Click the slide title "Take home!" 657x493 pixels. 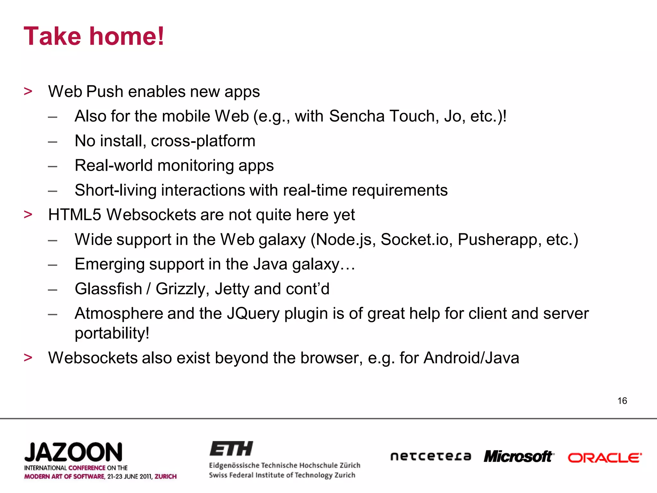point(94,36)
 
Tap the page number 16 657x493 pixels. point(622,401)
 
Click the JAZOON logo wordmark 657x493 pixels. point(73,452)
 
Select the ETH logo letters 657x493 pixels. point(231,449)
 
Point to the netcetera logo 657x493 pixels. point(431,456)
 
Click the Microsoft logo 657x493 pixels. point(519,456)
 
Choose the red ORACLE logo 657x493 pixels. point(605,458)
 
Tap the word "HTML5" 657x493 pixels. point(74,214)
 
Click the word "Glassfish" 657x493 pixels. point(108,289)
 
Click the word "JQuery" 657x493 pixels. point(253,314)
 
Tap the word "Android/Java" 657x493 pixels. point(471,358)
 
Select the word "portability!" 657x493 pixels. point(112,333)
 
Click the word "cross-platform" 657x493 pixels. point(203,141)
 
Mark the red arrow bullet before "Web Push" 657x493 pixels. point(28,91)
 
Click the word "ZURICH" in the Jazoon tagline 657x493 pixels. point(166,476)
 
